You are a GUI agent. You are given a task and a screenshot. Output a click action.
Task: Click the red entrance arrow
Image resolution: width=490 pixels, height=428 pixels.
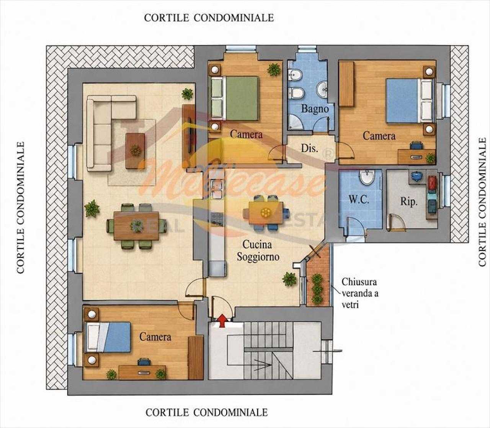[x=222, y=320]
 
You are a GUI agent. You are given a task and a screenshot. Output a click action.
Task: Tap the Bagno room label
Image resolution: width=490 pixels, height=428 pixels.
[x=315, y=109]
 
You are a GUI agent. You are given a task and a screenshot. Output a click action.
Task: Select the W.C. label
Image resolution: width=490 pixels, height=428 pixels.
[x=359, y=199]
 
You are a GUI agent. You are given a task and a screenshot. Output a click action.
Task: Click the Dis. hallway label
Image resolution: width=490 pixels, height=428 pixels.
[x=310, y=148]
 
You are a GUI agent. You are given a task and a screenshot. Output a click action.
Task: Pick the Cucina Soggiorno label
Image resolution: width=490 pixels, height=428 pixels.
[x=258, y=251]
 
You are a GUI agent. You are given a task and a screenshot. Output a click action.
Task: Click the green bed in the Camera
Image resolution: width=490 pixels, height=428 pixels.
[x=234, y=98]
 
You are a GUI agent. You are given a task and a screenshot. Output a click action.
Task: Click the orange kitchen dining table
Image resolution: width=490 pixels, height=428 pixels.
[x=266, y=212]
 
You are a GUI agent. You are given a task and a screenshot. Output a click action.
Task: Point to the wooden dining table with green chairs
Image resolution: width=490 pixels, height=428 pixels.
[x=136, y=226]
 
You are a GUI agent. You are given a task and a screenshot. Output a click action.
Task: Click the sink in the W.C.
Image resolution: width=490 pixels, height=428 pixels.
[x=367, y=178]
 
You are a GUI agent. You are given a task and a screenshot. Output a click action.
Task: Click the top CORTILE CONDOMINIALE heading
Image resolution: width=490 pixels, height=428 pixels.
[x=209, y=18]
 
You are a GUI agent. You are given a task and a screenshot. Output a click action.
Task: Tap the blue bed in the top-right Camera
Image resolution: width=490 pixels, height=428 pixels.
[x=410, y=101]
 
